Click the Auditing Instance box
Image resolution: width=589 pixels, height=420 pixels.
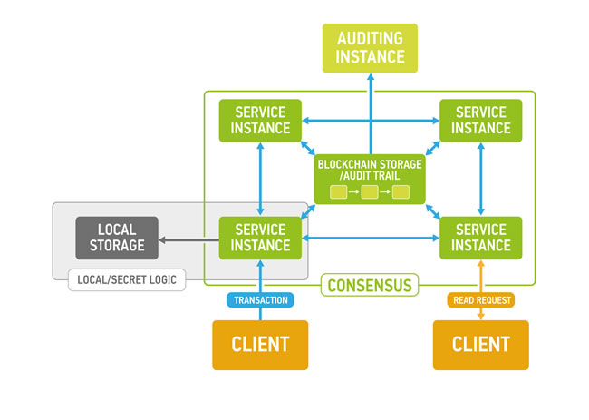pos(371,47)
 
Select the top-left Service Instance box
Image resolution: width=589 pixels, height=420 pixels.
pos(260,120)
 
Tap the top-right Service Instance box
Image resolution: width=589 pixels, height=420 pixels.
pos(480,120)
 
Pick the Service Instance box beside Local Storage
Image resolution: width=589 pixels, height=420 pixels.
pos(260,238)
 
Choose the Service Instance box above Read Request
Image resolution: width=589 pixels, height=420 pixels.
pos(480,238)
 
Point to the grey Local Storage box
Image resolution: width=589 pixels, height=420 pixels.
pos(116,238)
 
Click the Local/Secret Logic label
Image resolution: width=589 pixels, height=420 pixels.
pos(127,280)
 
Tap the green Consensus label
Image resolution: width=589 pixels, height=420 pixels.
pos(370,286)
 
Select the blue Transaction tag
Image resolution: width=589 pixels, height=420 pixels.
pos(261,299)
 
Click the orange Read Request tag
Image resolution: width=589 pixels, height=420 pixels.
pos(480,299)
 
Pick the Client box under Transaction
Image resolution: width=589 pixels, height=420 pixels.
pos(260,345)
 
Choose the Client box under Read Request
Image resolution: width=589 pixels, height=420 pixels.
pos(480,345)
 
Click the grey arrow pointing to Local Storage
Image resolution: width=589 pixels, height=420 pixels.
pos(188,239)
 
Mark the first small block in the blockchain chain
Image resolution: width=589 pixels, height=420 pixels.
pos(338,191)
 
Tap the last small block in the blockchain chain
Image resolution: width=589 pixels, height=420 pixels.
pos(401,191)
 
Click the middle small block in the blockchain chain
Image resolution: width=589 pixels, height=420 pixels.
pos(369,191)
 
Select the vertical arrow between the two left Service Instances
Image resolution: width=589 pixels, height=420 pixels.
pos(261,179)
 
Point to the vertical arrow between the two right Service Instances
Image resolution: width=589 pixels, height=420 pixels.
pos(480,179)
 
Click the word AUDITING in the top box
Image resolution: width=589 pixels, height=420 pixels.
pos(371,38)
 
